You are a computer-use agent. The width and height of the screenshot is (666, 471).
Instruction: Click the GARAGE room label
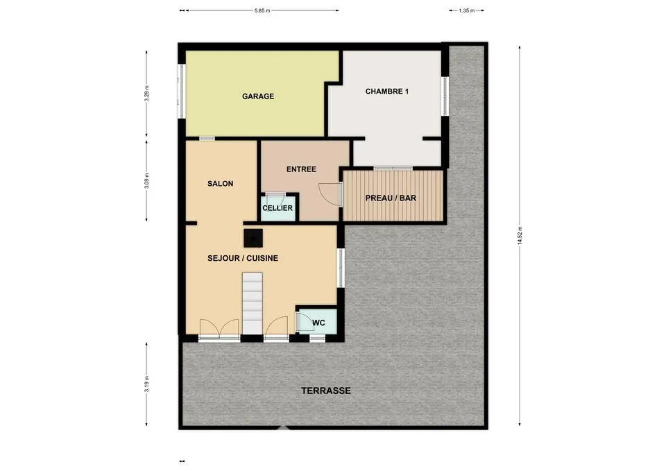258,96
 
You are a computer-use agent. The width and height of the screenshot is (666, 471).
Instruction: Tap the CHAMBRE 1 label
387,92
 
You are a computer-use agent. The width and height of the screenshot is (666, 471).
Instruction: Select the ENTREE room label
301,169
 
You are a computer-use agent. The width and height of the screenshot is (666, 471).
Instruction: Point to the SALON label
220,184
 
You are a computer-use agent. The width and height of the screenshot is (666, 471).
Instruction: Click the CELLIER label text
277,208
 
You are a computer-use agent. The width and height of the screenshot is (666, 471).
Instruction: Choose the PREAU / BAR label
391,198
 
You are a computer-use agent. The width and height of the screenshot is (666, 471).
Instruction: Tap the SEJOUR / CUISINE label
243,258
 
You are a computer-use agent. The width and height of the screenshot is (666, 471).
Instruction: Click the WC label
318,323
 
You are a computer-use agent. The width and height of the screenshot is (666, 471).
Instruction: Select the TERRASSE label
326,391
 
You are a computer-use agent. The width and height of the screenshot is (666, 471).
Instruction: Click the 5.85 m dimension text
262,10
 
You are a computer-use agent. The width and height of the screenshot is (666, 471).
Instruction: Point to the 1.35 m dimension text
466,10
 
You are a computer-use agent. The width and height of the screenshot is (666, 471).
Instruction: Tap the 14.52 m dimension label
520,236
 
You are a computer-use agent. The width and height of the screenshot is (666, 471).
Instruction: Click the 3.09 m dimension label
146,180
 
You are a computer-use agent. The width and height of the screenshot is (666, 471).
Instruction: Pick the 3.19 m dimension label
146,384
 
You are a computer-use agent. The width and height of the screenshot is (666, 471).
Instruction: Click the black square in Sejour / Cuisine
253,238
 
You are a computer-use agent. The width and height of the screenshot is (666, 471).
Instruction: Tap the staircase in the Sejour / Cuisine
253,303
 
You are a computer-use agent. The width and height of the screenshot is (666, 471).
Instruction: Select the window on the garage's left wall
181,91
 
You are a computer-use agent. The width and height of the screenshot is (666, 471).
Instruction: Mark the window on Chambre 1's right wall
445,96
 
